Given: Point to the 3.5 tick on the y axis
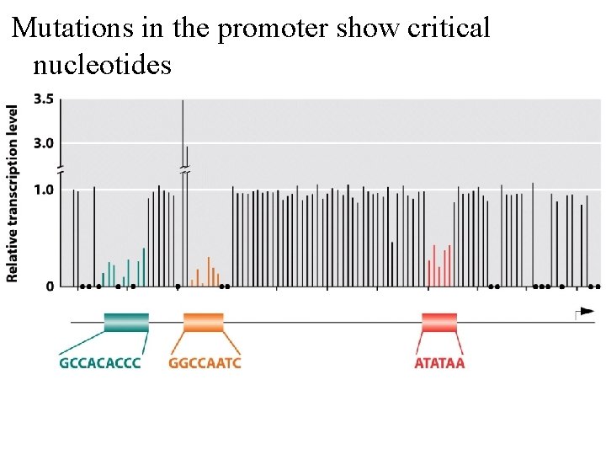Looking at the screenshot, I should coord(43,99).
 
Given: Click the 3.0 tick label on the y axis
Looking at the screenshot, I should coord(43,142).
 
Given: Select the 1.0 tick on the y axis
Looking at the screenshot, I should coord(43,190).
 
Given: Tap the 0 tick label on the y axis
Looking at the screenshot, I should coord(50,286).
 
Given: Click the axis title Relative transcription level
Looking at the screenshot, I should coord(13,193).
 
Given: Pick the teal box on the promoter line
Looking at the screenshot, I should coord(126,322).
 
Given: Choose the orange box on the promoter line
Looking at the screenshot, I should coord(204,322).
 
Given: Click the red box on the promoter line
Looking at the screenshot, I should coord(439,322).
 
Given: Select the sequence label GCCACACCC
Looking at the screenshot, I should coord(100,363).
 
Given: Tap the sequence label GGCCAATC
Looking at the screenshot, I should coord(205,363).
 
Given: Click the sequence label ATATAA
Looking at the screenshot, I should coord(439,363).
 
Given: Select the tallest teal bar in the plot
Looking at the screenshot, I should coord(144,266).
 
